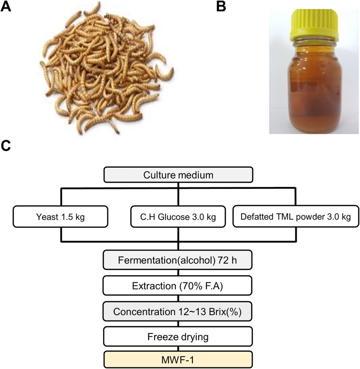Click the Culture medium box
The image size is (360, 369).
(x=179, y=175)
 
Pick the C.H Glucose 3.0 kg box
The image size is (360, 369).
(x=179, y=217)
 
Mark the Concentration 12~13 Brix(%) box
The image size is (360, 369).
(x=179, y=311)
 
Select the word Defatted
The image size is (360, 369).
(x=255, y=217)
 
